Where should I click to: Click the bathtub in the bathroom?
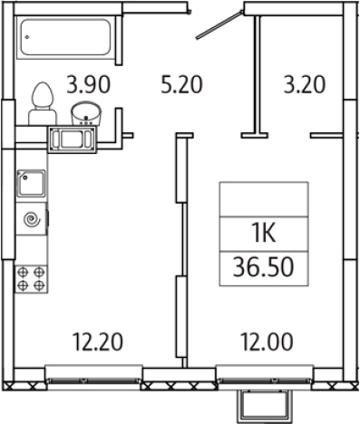click(66, 37)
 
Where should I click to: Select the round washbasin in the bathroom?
click(86, 113)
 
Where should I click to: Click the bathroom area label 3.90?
click(89, 84)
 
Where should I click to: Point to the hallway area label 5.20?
click(181, 84)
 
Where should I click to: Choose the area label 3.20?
click(305, 84)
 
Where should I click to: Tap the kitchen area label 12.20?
click(98, 342)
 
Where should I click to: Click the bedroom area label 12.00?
click(267, 342)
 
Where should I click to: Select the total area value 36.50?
click(263, 267)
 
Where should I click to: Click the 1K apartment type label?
click(264, 234)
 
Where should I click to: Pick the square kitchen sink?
click(31, 183)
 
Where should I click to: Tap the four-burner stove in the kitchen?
click(31, 279)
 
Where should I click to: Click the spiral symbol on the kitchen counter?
click(33, 219)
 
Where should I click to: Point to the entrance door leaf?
click(219, 24)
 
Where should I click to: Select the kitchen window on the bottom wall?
click(93, 374)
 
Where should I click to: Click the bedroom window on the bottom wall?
click(265, 374)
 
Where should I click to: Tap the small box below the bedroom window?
click(265, 406)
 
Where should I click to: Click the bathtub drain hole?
click(27, 37)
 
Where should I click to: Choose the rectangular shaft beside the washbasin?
click(72, 140)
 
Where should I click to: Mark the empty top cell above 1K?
click(264, 199)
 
